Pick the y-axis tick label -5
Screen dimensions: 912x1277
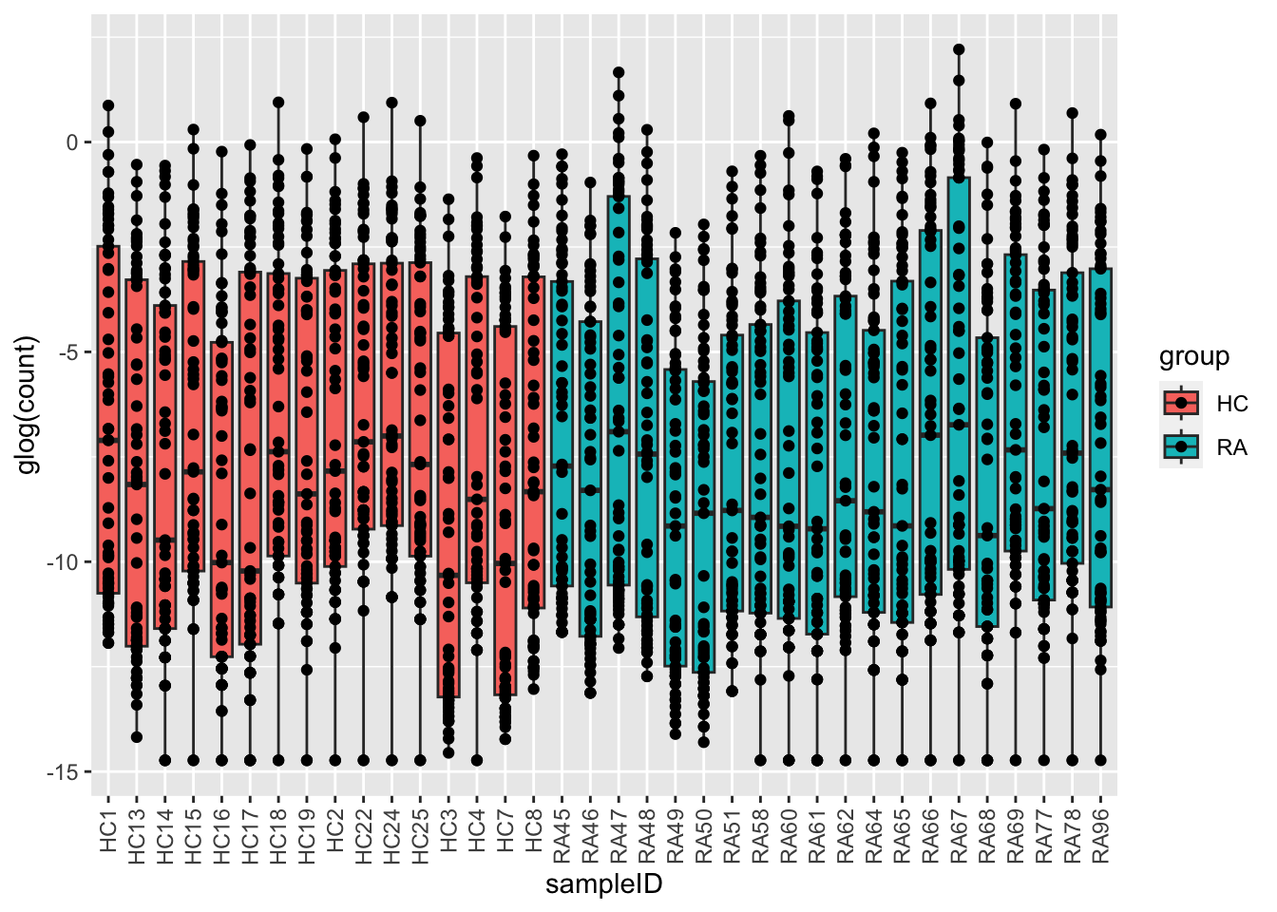click(70, 352)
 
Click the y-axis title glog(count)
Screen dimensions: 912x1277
click(29, 405)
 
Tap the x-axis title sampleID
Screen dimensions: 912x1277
click(603, 885)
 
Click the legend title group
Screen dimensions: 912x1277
click(1193, 356)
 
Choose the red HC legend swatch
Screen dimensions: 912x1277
click(1181, 403)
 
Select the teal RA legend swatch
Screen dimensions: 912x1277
click(1181, 446)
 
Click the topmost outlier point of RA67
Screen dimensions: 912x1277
click(959, 49)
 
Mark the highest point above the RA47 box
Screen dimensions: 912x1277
click(619, 72)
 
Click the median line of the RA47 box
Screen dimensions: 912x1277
click(619, 431)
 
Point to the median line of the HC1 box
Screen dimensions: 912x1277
click(108, 440)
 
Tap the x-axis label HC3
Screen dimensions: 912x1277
click(448, 833)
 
